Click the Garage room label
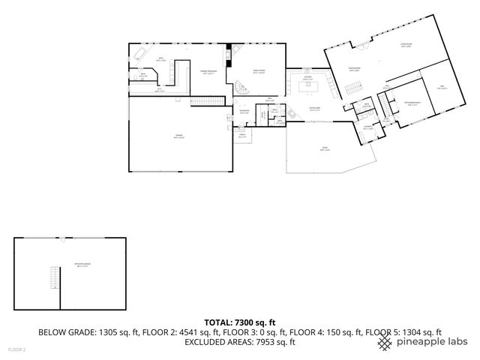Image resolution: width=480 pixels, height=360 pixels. tap(178, 136)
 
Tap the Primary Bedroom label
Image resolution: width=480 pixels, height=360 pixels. tap(208, 73)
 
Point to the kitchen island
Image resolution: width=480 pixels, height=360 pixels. tap(307, 87)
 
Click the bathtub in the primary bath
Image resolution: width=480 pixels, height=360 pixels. tap(140, 55)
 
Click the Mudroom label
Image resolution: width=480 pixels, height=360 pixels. tap(244, 112)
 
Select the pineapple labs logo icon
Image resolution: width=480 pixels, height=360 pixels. tap(385, 343)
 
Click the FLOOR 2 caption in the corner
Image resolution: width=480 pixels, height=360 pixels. tap(16, 349)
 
